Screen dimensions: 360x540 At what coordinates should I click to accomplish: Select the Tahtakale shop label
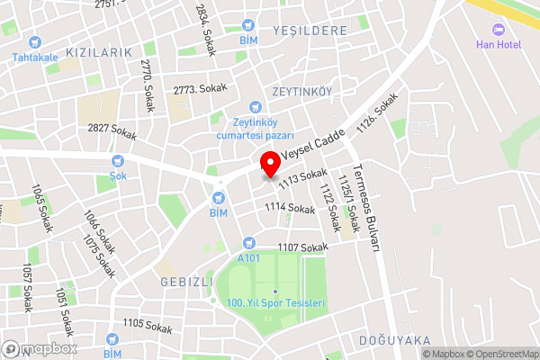35,58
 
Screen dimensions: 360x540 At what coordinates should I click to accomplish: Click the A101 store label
248,258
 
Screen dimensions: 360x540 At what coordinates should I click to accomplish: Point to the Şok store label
117,176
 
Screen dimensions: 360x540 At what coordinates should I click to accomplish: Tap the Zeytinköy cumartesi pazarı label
256,128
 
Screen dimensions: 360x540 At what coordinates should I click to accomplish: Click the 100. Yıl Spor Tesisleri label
275,303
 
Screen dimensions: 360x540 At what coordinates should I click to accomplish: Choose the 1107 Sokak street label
301,247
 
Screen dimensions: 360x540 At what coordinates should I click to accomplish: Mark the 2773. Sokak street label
200,89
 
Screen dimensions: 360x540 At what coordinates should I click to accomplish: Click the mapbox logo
40,348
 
